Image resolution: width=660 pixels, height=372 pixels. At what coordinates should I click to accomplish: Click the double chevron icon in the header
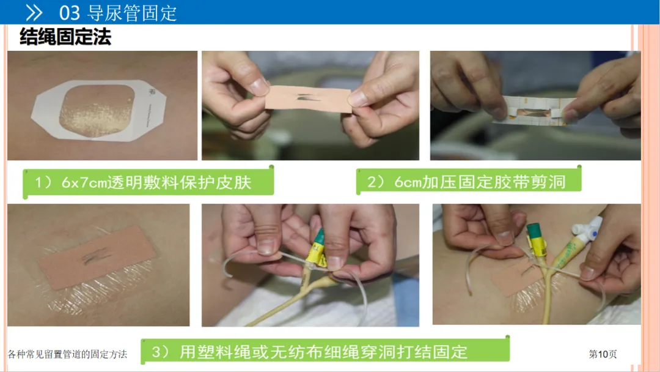34,13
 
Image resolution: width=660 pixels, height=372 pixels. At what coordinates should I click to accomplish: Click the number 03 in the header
70,13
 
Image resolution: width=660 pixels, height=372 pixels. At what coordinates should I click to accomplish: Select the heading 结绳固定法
65,37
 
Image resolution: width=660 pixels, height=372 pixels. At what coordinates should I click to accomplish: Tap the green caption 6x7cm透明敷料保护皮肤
156,182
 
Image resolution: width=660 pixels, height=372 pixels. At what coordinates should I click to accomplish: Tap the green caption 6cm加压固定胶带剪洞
480,182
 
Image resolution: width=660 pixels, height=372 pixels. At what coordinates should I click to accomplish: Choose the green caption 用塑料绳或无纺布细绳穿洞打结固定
323,352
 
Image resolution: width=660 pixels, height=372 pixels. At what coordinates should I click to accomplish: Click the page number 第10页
603,354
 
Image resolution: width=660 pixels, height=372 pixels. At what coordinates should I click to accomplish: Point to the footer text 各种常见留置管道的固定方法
67,354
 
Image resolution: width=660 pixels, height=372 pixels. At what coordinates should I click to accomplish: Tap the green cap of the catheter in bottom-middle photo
320,236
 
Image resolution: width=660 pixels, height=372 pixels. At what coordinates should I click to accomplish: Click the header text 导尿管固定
132,13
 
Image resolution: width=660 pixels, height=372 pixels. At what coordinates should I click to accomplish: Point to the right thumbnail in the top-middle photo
358,98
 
